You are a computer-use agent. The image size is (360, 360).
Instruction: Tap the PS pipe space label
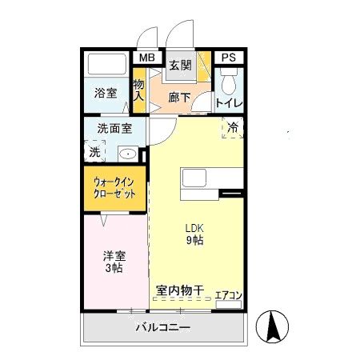click(x=229, y=58)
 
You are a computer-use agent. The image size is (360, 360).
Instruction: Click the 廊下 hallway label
click(x=180, y=98)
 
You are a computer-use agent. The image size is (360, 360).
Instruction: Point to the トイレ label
click(x=228, y=103)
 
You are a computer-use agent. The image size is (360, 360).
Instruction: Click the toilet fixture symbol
click(x=228, y=81)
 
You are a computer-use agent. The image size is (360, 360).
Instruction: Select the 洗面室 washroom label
click(x=114, y=128)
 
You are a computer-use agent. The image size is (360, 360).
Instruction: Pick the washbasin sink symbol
click(x=128, y=153)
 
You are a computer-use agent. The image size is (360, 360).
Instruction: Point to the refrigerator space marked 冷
click(x=232, y=127)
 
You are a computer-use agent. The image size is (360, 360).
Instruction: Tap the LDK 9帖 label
click(x=194, y=234)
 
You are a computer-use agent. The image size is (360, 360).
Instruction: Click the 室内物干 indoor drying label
click(x=180, y=290)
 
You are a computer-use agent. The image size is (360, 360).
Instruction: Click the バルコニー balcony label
click(x=162, y=328)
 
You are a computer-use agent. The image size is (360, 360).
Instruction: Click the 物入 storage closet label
click(x=138, y=90)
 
